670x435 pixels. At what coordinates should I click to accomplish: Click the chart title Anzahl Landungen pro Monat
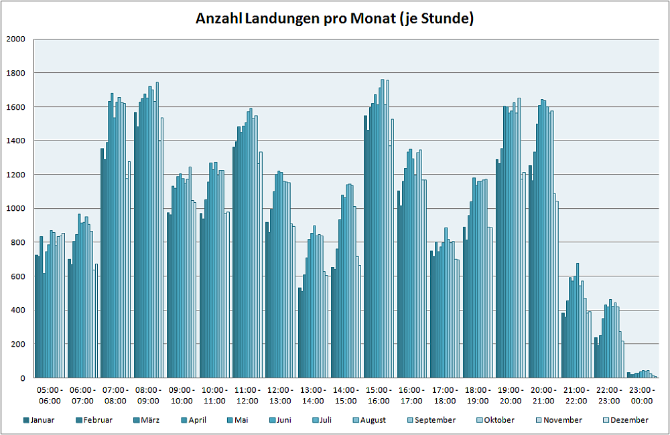[334, 19]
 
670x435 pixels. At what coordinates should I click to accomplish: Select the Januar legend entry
[42, 420]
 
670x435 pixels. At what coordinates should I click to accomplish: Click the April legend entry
[196, 420]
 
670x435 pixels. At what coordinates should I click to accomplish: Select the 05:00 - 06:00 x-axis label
[50, 396]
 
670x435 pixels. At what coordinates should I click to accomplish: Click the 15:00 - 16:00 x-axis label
[379, 396]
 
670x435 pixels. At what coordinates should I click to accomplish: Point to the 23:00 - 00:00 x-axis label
[642, 396]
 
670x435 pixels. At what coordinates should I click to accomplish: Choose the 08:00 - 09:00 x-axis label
[148, 396]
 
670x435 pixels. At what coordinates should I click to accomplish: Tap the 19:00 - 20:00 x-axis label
[511, 396]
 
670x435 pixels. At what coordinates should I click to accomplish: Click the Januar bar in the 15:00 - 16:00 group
[365, 248]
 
